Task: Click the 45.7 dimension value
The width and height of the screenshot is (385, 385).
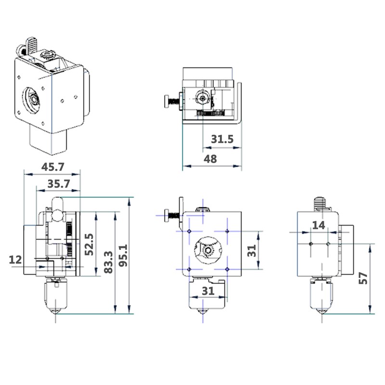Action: coord(52,167)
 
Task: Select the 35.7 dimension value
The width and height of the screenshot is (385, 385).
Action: coord(59,184)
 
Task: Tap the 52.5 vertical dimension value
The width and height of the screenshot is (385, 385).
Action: coord(90,244)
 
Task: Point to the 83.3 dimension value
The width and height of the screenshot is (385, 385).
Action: coord(108,262)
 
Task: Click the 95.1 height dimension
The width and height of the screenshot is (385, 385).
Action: coord(123,256)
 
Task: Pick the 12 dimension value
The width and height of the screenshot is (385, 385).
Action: coord(15,260)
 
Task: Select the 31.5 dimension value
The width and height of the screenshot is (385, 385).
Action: coord(222,139)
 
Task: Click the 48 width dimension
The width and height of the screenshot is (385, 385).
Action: coord(210,159)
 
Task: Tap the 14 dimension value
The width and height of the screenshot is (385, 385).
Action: coord(319,225)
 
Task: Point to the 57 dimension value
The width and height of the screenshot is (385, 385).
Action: coord(363,278)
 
